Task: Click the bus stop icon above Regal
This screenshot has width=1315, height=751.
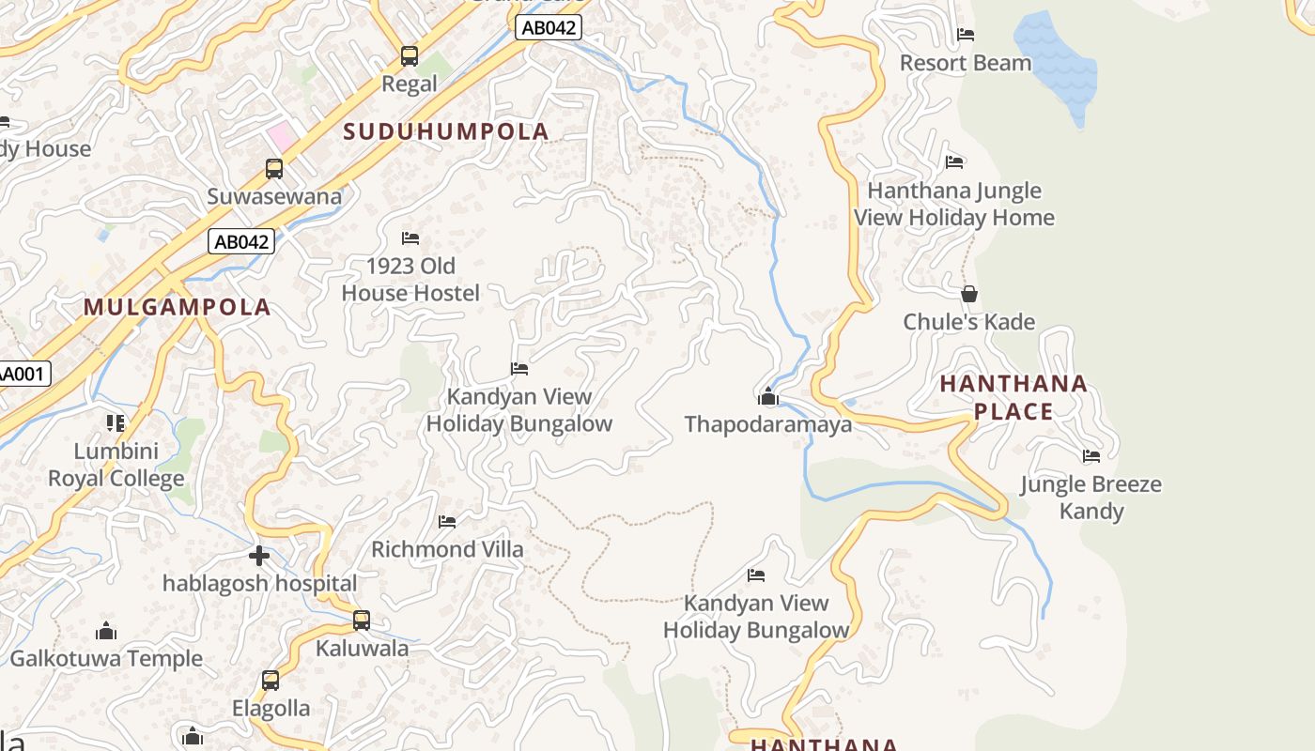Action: [x=410, y=55]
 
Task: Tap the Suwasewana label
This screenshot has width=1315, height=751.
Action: [x=274, y=196]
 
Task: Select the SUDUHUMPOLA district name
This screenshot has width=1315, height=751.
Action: [x=445, y=131]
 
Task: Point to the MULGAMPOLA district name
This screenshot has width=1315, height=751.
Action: [x=177, y=307]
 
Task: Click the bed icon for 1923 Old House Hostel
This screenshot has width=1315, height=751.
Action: [x=410, y=238]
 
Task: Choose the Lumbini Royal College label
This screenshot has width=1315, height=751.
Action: [x=116, y=465]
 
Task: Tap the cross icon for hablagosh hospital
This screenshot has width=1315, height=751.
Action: [x=259, y=556]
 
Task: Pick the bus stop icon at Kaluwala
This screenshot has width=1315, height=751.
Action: [x=362, y=621]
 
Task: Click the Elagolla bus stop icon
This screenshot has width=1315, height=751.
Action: [x=271, y=681]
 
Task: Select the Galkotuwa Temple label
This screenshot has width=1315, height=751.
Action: [x=106, y=658]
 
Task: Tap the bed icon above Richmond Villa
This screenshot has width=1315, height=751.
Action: [x=447, y=521]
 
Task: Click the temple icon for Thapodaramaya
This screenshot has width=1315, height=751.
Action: [x=768, y=396]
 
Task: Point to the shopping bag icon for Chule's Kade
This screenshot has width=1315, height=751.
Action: [x=969, y=294]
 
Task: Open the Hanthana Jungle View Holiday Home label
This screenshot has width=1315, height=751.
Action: [x=954, y=204]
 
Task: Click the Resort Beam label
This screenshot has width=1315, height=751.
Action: [x=966, y=63]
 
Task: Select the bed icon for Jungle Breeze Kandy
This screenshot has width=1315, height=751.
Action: [x=1091, y=456]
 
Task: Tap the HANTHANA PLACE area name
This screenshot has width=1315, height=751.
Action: [x=1013, y=397]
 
